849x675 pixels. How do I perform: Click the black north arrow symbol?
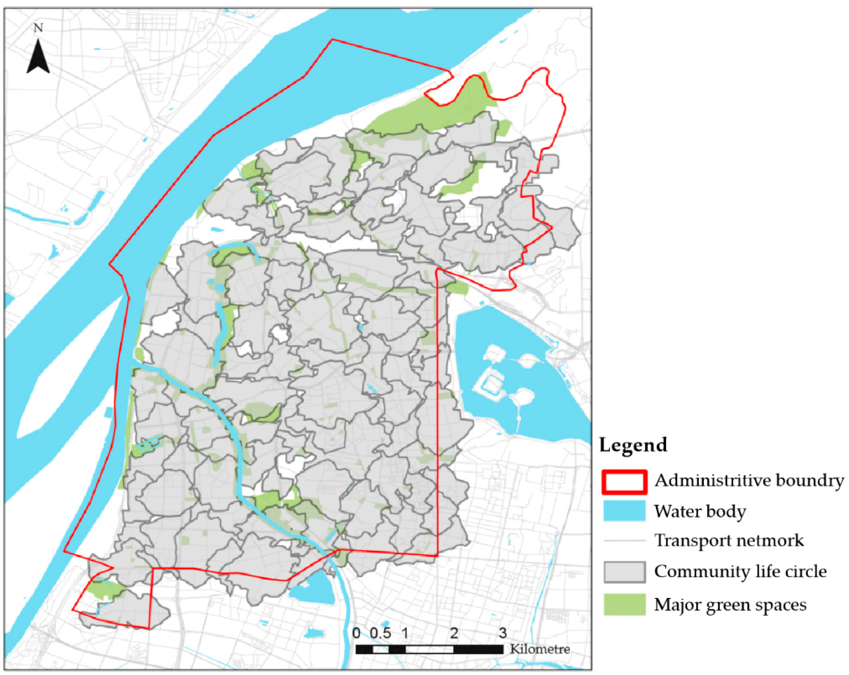pos(38,57)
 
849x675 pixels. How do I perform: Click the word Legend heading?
pos(633,445)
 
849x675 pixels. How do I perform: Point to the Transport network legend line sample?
pos(624,540)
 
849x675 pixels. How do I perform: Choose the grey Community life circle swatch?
pos(624,572)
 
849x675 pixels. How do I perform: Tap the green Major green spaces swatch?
pos(624,604)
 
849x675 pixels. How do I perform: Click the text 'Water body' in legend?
pos(700,512)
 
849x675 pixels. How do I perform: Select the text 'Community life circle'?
pos(740,571)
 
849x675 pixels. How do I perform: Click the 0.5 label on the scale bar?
pos(380,633)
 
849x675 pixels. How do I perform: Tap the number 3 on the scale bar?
pos(503,633)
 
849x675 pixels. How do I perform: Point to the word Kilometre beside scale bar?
pos(539,649)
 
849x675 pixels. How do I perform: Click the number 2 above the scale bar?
pos(454,633)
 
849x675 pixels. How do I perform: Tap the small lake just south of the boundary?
pos(313,589)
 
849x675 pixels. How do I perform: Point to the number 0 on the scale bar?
pos(356,633)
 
